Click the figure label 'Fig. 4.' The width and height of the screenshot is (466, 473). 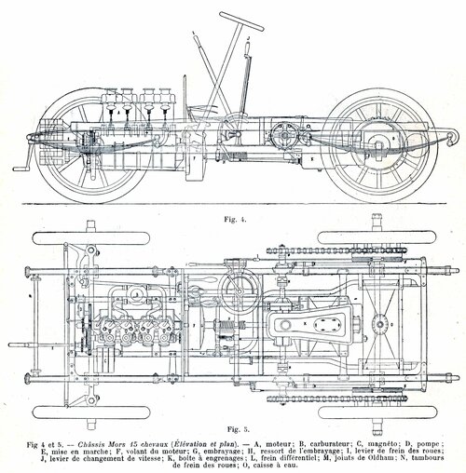(235, 220)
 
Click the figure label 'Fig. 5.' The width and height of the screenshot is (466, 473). (238, 430)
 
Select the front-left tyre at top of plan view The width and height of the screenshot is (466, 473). (91, 238)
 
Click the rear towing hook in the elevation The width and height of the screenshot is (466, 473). (453, 136)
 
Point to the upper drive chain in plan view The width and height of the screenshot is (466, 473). (336, 250)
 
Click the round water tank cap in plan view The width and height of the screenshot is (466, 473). (379, 324)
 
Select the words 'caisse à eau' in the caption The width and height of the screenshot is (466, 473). (280, 466)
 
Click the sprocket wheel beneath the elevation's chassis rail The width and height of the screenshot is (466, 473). (284, 135)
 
